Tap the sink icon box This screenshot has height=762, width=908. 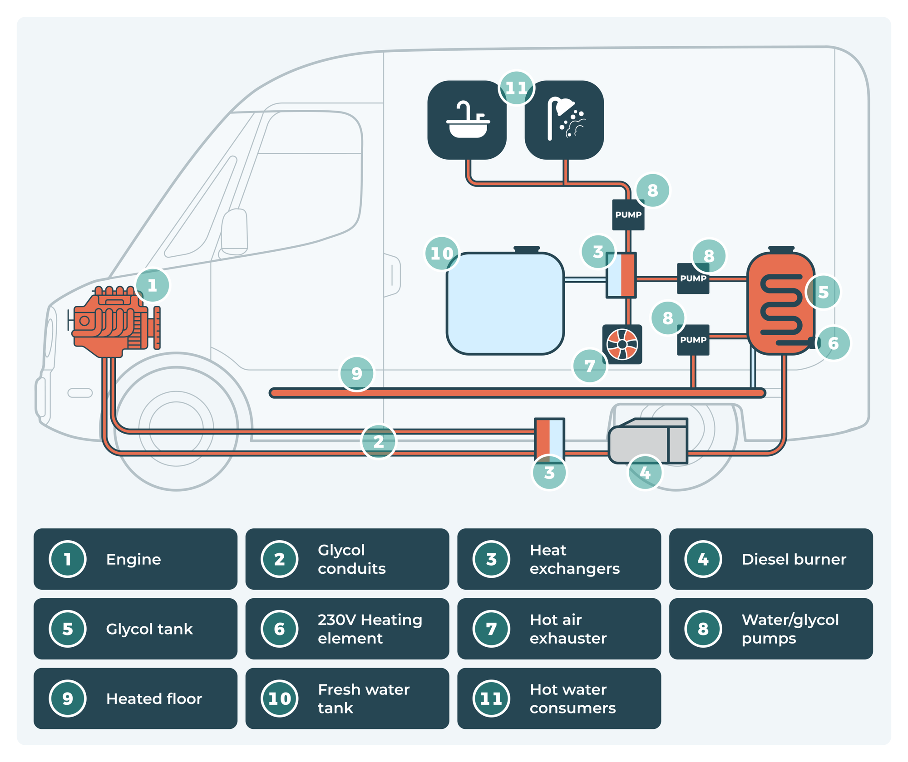point(467,120)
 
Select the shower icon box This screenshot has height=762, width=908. point(564,120)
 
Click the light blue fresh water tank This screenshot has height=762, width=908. point(505,303)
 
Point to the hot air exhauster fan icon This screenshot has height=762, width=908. point(622,344)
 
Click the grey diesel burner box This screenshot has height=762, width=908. point(648,441)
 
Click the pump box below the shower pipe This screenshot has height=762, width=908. point(628,215)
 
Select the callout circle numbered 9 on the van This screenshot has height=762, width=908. point(357,374)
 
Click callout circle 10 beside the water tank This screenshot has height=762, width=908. point(442,254)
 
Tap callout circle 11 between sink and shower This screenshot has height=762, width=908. point(516,88)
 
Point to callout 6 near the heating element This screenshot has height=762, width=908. point(833,343)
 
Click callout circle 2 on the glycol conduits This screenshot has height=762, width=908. point(379,441)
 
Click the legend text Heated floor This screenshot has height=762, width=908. point(154,698)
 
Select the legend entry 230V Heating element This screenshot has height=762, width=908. point(347,629)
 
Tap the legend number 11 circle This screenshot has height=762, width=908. point(491,698)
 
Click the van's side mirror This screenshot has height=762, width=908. point(234,231)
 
